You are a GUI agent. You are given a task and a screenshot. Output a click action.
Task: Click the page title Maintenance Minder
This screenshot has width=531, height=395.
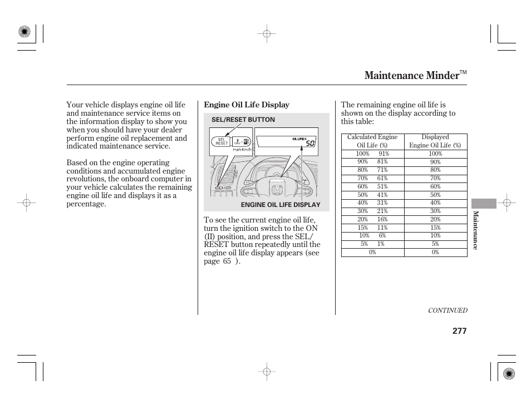[x=411, y=76]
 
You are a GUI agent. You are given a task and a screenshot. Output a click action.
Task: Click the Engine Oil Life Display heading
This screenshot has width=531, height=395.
[x=247, y=105]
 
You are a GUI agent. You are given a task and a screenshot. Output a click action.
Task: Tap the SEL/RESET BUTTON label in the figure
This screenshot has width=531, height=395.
[x=243, y=120]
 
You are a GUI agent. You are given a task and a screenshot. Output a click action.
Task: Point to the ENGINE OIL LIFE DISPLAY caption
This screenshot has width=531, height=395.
[x=281, y=205]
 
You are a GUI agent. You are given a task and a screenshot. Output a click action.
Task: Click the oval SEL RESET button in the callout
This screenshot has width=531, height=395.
[x=221, y=141]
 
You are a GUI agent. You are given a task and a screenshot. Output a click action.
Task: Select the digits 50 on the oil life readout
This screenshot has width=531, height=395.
[x=310, y=144]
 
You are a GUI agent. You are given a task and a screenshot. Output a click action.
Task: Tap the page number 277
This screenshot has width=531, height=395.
[x=459, y=331]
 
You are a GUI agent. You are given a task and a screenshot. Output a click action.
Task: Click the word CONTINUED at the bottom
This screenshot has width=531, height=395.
[x=448, y=311]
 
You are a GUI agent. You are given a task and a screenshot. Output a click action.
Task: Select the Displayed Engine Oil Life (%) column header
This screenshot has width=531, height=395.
[x=435, y=141]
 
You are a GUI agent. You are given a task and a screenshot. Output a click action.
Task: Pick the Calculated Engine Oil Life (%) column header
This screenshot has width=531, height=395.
[x=372, y=141]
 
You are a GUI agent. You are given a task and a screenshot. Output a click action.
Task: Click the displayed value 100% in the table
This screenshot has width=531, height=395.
[x=435, y=154]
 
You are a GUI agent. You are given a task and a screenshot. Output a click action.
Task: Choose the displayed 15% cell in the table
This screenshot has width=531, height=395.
[x=435, y=228]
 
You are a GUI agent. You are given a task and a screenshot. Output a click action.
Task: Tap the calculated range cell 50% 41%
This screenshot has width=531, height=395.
[x=372, y=195]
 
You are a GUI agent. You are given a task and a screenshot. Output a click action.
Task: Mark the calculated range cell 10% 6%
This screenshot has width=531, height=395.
[x=372, y=236]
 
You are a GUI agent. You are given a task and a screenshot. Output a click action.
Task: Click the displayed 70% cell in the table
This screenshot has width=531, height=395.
[x=435, y=179]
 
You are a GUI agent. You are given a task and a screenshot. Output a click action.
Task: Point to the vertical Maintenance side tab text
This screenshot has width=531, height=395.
[x=475, y=230]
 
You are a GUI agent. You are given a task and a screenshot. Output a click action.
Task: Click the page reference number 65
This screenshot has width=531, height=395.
[x=227, y=261]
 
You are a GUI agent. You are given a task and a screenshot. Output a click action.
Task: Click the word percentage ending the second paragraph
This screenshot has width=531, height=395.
[x=86, y=204]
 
